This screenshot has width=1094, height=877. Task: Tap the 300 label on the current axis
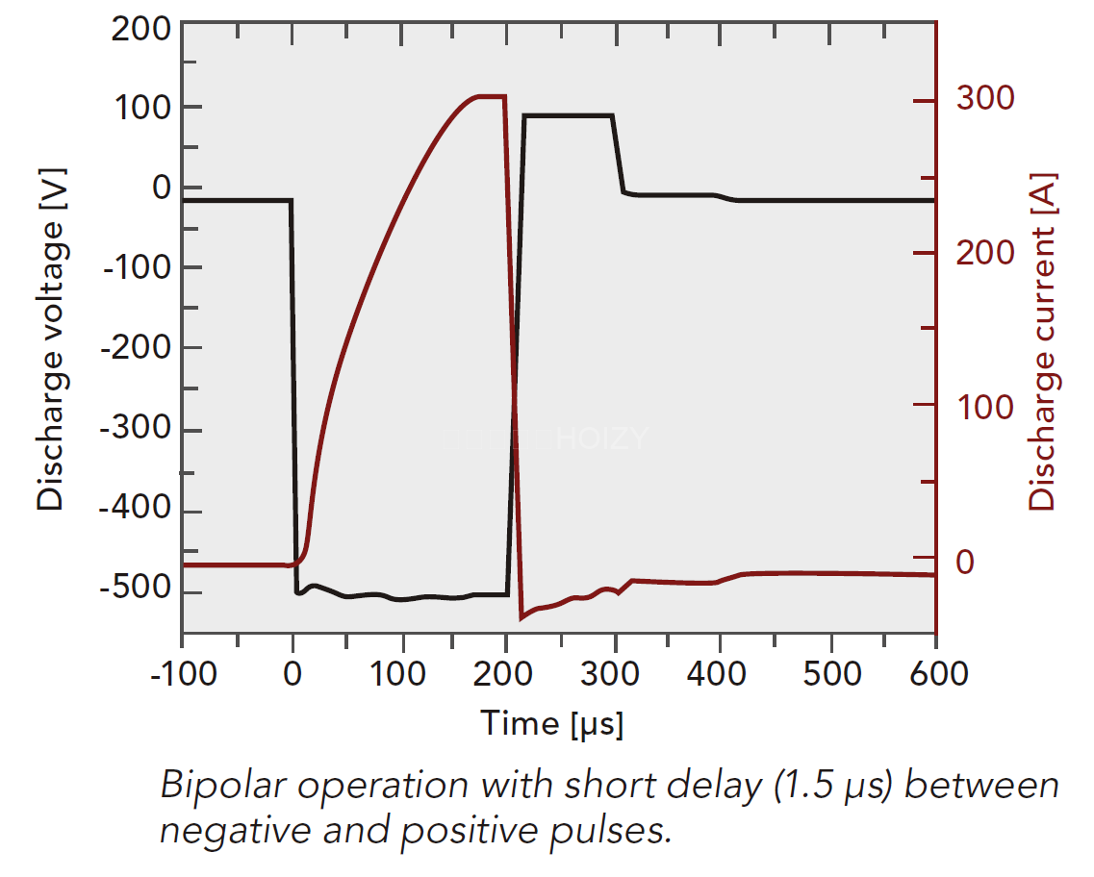coord(983,98)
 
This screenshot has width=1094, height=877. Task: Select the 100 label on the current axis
coord(983,407)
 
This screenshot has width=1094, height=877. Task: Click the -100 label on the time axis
coord(182,673)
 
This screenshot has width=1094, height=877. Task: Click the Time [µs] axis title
coord(552,723)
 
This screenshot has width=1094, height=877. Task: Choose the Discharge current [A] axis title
coord(1043,342)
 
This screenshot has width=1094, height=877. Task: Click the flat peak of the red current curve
coord(491,97)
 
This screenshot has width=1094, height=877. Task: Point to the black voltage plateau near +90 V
coord(568,115)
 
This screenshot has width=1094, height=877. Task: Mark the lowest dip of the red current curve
coord(521,617)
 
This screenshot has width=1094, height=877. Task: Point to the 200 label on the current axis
coord(983,253)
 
